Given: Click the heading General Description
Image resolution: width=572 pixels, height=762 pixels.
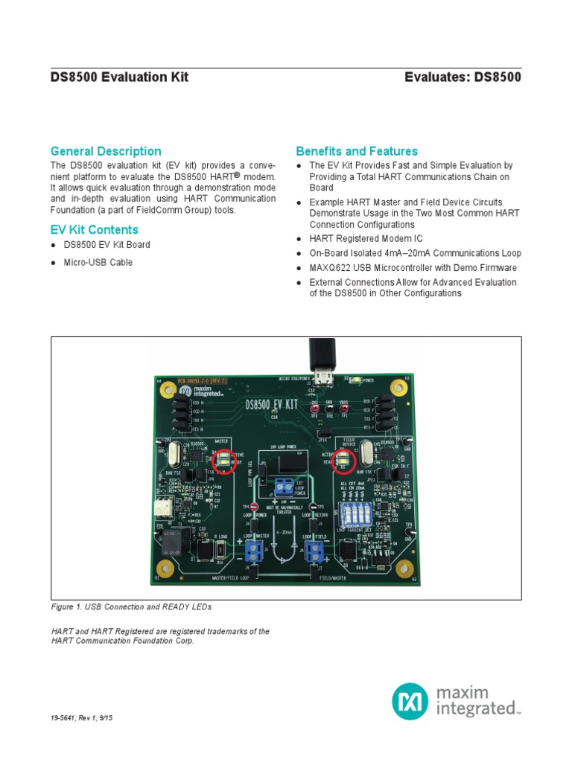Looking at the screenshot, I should (x=105, y=151).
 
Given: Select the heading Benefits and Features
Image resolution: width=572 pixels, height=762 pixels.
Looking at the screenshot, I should (x=357, y=151).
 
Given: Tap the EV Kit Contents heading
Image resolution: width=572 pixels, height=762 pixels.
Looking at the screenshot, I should (x=94, y=230).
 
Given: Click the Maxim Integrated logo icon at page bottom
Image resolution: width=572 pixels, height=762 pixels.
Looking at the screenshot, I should (x=410, y=701).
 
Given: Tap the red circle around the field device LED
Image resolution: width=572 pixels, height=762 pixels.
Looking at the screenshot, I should (x=343, y=461).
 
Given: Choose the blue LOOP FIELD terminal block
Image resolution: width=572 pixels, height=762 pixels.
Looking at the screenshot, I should (x=314, y=551).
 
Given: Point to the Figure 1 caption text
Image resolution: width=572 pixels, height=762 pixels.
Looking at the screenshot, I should (x=131, y=606).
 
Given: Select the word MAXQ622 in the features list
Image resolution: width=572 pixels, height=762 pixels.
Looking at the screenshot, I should (x=331, y=268).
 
